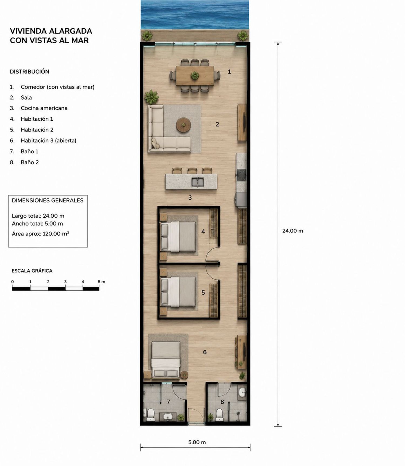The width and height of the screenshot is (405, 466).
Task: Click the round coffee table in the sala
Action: coord(184,124)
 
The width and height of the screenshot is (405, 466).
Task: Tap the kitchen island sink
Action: coord(198,181)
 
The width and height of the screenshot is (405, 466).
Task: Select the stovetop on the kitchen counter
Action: coord(242,175)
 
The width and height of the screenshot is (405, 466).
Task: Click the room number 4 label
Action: coord(203,231)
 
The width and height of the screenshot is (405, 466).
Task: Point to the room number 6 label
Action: coord(205,352)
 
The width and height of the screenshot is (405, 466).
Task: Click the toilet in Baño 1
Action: coord(150,415)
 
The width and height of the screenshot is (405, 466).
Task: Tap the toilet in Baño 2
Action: coord(219,415)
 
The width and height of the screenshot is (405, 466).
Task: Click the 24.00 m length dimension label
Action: coord(293,231)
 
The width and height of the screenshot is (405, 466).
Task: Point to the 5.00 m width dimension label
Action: coord(197,442)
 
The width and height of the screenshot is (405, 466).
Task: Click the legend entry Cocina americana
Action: coord(44,108)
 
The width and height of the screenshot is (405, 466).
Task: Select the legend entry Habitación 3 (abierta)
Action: coord(49,140)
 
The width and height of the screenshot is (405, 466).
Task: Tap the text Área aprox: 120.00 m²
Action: coord(40,234)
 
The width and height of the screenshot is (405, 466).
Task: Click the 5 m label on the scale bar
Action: coord(102,282)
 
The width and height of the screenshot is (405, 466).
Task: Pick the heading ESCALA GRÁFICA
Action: coord(32,271)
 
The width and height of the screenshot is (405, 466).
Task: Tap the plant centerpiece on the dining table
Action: coord(194,76)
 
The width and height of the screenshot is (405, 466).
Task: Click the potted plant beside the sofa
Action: coord(151,97)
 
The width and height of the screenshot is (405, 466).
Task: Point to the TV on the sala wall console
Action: coord(245,123)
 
